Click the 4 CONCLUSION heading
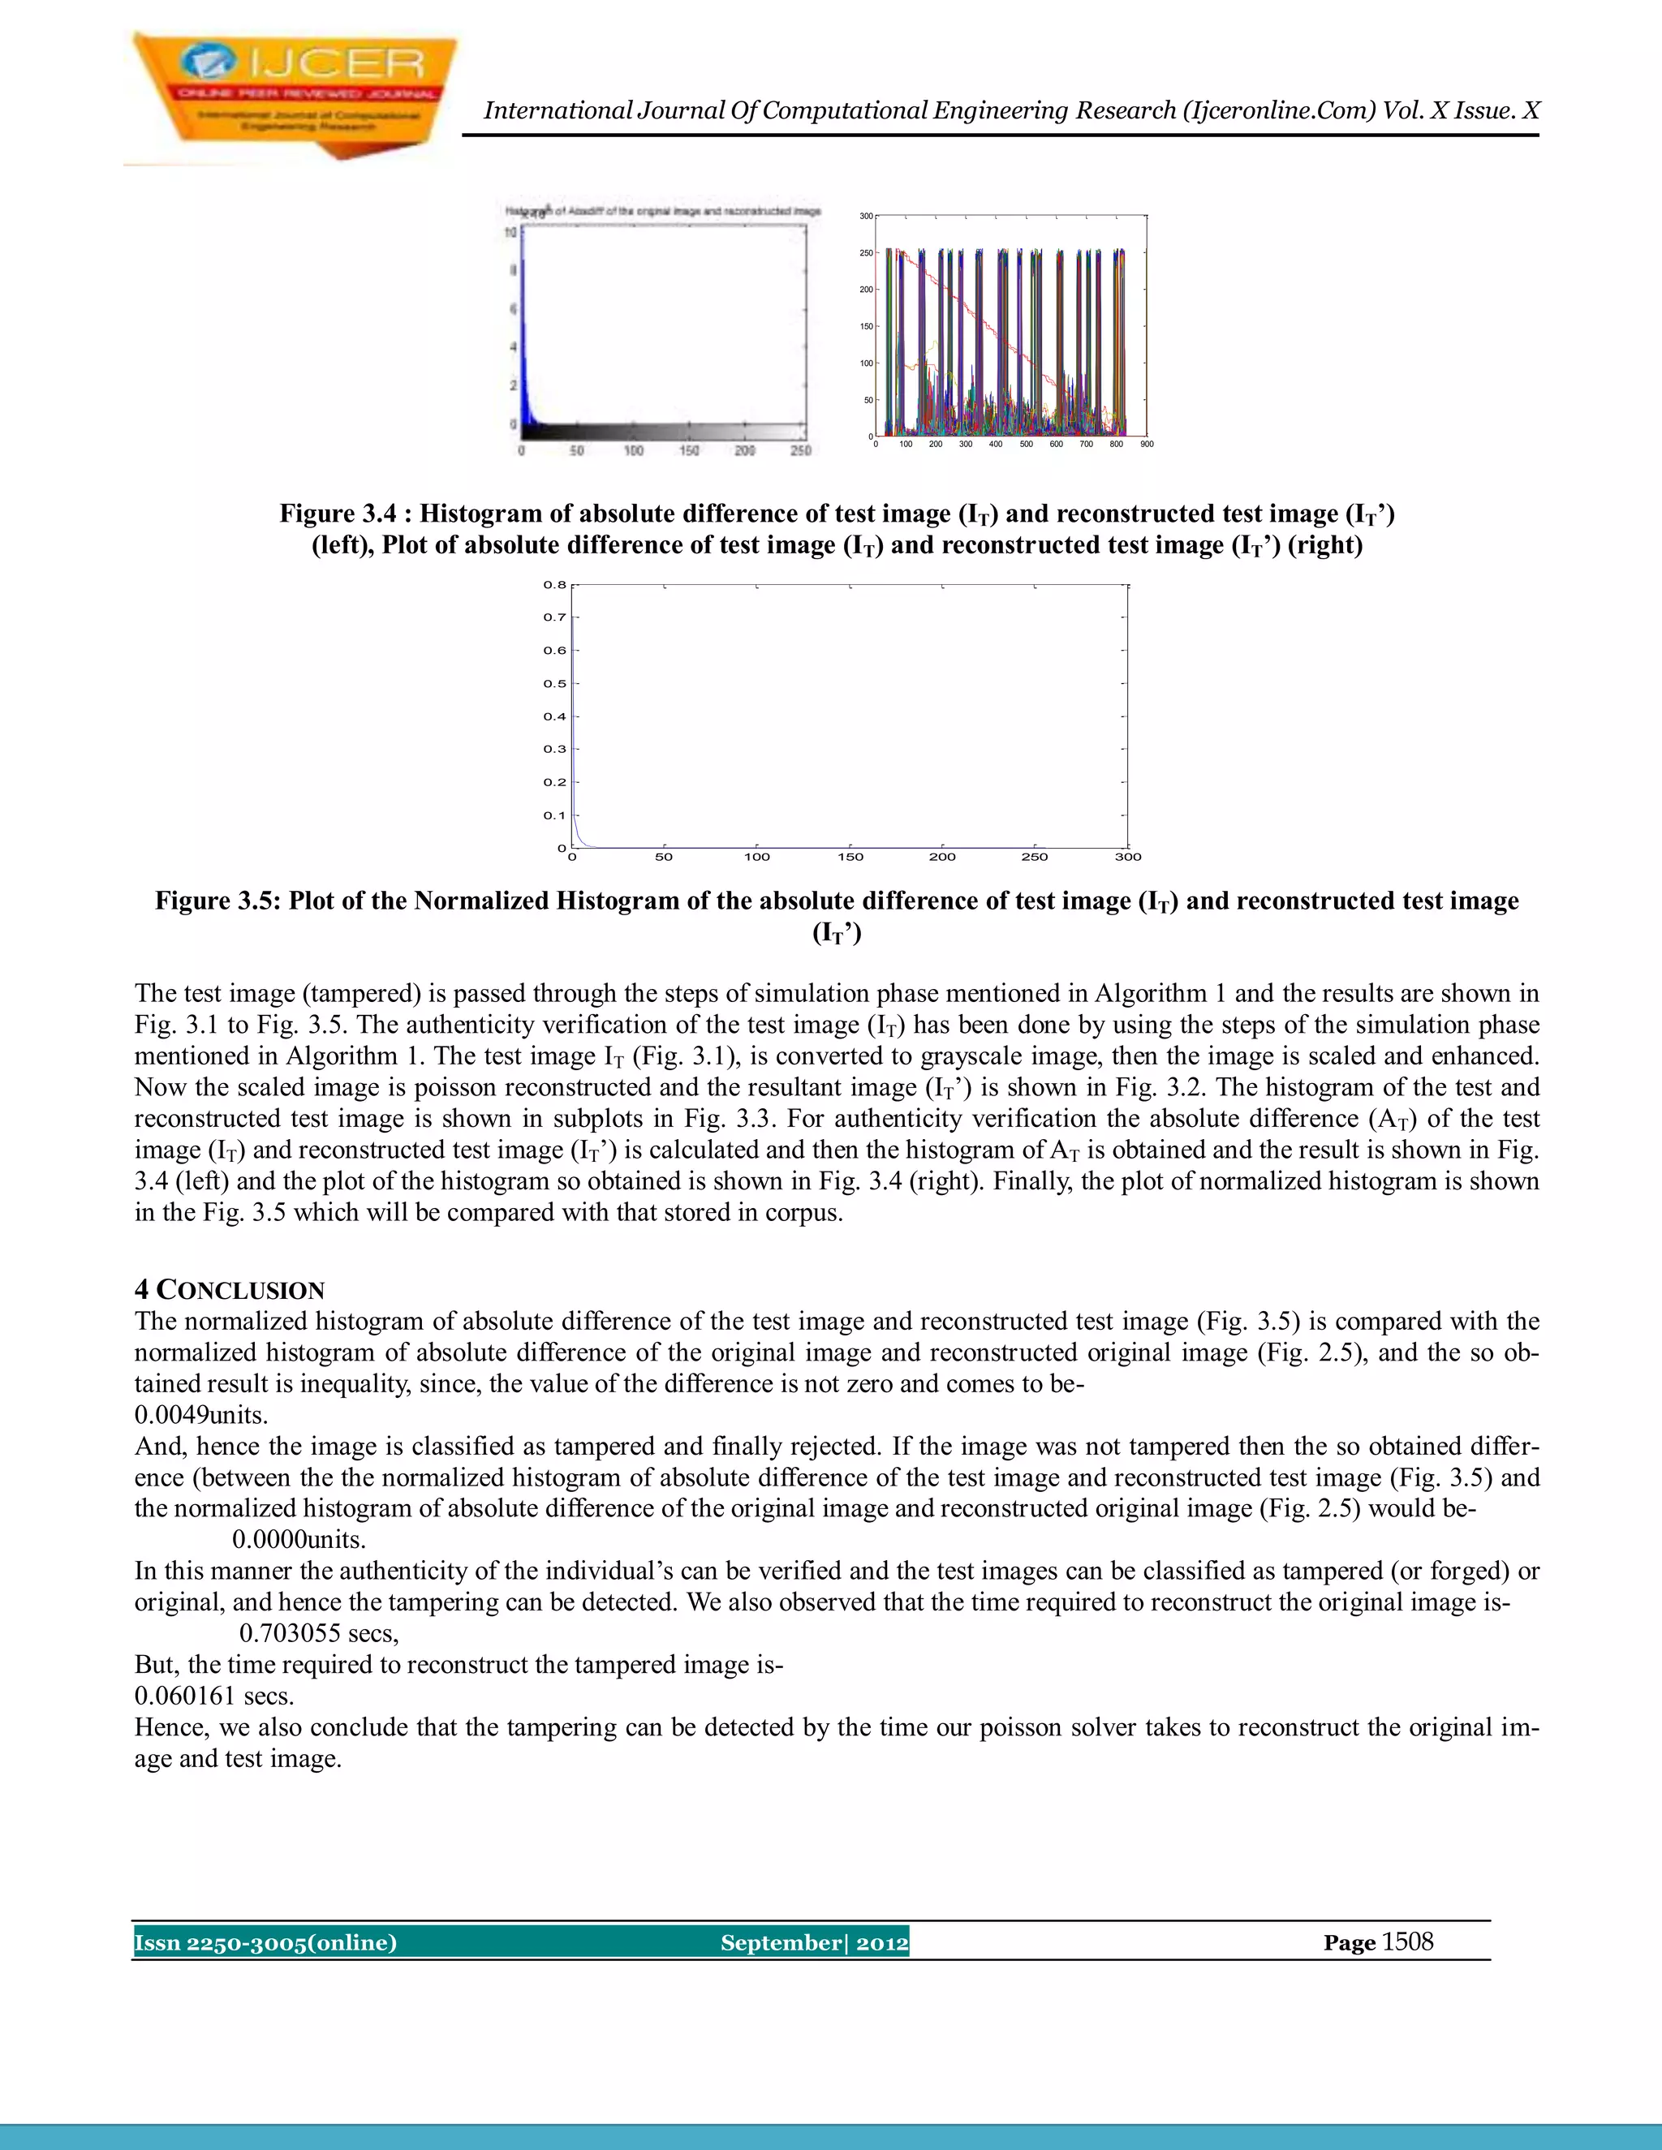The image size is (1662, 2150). click(230, 1290)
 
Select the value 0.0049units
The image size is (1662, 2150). click(201, 1415)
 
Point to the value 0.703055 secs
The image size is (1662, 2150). click(319, 1633)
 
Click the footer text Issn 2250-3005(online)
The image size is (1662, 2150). click(266, 1941)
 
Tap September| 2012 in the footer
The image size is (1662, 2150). click(814, 1941)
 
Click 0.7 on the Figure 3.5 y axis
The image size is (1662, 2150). click(554, 617)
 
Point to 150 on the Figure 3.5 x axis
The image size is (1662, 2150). click(850, 857)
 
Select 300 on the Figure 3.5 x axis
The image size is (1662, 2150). click(1127, 857)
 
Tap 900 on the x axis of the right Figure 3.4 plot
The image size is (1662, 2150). click(1146, 444)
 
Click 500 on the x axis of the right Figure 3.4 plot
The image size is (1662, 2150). click(1026, 444)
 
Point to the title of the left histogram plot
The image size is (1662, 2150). click(663, 211)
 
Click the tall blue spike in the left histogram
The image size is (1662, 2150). click(523, 325)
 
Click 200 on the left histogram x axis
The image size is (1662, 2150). click(744, 451)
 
